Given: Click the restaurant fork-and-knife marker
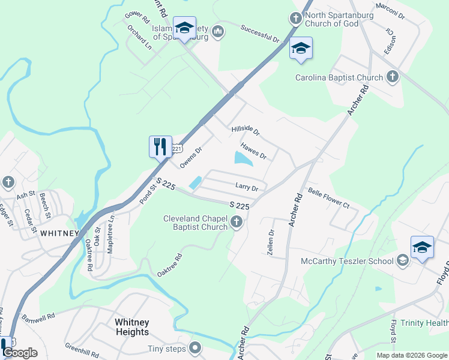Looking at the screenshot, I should pos(160,146).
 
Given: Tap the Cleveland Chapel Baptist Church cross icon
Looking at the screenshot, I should pos(237,224).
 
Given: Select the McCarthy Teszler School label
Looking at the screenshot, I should pos(348,261).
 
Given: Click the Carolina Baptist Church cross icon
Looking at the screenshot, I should pos(392,77).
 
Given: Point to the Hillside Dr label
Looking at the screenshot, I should pos(245,131).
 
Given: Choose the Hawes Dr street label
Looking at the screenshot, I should pos(253,151).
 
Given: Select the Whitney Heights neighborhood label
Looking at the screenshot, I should pos(131,327).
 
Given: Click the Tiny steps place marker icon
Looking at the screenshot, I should pos(195,348).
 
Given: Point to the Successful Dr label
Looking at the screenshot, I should pos(261,34).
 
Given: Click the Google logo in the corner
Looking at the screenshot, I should pos(19,353).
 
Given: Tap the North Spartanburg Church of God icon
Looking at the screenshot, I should pos(295,18).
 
